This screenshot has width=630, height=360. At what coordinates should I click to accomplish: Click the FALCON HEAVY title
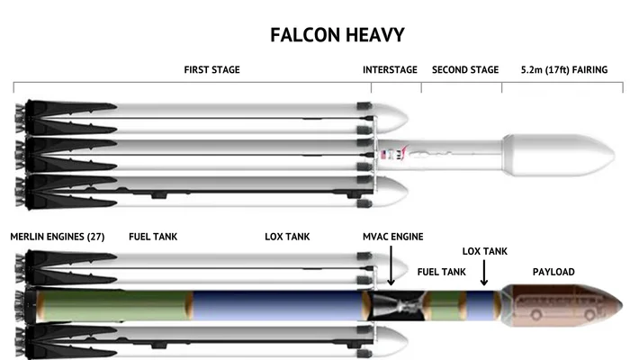[x=337, y=35]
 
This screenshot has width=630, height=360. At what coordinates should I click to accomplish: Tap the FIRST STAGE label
[x=211, y=70]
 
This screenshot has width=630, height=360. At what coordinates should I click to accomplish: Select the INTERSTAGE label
[x=390, y=70]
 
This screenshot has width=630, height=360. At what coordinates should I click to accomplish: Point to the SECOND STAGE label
[x=465, y=70]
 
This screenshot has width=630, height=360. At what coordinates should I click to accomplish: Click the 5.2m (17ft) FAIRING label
[x=564, y=70]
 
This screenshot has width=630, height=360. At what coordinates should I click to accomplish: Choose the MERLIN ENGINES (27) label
[x=58, y=237]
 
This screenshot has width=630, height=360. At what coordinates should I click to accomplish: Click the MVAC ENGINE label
[x=393, y=237]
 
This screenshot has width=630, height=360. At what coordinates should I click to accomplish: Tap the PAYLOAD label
[x=553, y=272]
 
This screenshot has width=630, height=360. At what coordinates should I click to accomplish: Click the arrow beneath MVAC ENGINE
[x=391, y=266]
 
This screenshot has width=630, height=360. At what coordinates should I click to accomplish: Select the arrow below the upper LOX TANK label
[x=484, y=273]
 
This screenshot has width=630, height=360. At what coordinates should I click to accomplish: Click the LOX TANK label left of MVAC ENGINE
[x=287, y=237]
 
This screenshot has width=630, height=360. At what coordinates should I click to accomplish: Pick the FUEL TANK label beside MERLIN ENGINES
[x=153, y=237]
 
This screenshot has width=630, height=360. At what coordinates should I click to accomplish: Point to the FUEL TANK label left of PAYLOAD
[x=442, y=272]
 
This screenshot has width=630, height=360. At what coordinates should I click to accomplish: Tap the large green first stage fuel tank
[x=114, y=305]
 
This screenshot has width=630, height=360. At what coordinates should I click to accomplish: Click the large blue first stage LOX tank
[x=278, y=305]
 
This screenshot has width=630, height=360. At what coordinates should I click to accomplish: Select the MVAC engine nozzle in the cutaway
[x=399, y=306]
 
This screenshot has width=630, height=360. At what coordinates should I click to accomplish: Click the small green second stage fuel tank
[x=446, y=306]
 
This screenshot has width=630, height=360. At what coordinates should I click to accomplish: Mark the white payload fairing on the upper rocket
[x=559, y=155]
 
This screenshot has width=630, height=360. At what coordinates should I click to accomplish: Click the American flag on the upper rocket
[x=383, y=155]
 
